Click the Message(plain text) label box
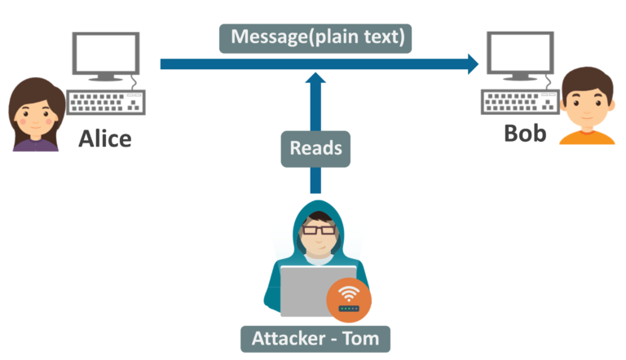315,37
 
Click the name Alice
104,138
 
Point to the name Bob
525,132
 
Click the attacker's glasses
315,230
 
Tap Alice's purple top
35,144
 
